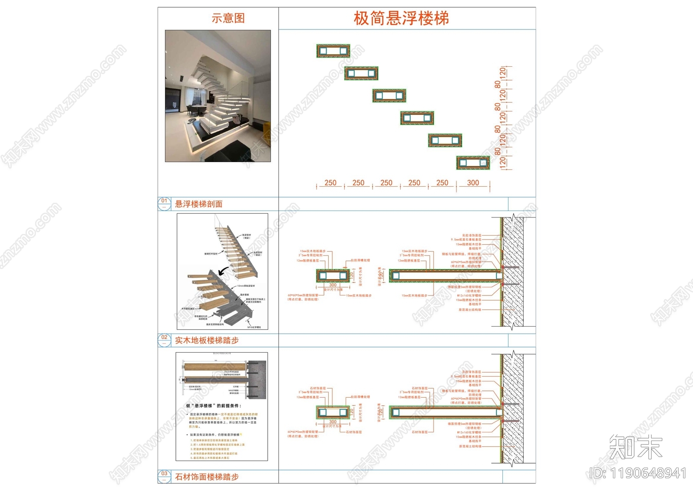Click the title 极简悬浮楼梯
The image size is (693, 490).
tap(401, 18)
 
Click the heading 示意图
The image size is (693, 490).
tap(228, 18)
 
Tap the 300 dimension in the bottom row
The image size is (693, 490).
tap(473, 183)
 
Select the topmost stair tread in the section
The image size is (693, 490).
tap(333, 51)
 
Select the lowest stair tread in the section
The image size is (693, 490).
tap(473, 163)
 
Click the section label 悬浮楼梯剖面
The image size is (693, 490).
tap(199, 204)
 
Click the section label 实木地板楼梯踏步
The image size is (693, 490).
tap(207, 341)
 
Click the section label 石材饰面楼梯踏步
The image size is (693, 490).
tap(207, 477)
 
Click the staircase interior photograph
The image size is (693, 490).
tap(218, 96)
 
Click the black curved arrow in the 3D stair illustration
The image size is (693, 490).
tap(224, 272)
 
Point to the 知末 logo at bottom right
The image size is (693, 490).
tap(635, 447)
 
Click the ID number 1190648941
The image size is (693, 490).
tap(638, 474)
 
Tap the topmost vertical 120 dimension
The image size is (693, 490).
tap(502, 72)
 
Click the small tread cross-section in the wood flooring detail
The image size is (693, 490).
tap(333, 276)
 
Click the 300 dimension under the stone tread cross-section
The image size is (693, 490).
tap(333, 422)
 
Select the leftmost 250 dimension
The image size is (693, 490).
tap(330, 183)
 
